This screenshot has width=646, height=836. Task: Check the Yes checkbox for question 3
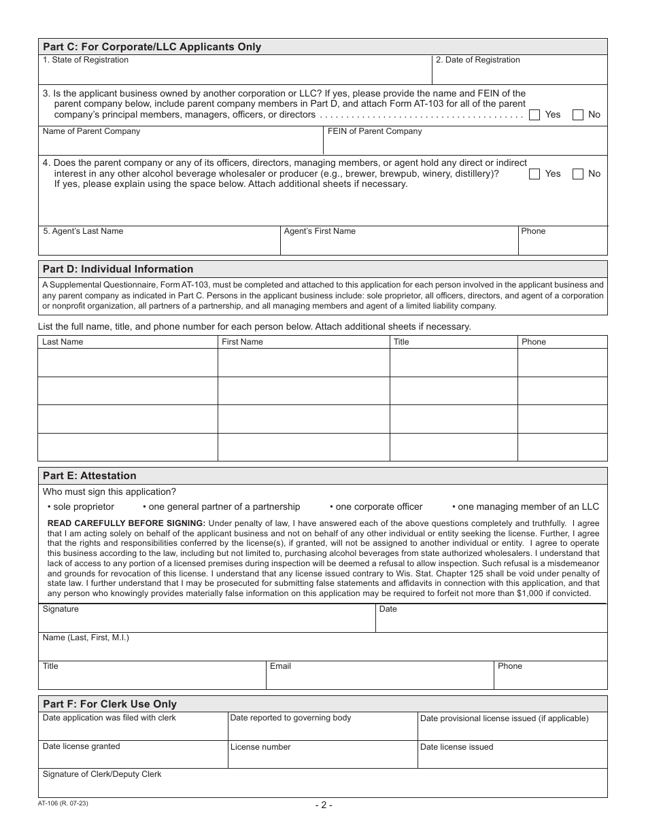tap(534, 115)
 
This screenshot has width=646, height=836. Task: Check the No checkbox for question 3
tap(578, 115)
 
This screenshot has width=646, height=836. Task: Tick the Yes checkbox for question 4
tap(534, 174)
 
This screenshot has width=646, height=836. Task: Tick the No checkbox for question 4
tap(578, 174)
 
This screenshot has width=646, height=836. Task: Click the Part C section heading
tap(152, 47)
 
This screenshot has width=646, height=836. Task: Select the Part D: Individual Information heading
tap(118, 269)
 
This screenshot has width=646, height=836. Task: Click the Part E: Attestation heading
tap(89, 476)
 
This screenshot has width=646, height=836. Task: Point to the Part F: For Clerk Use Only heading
tap(109, 704)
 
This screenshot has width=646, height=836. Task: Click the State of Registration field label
tap(86, 60)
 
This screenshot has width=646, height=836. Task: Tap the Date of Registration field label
tap(477, 60)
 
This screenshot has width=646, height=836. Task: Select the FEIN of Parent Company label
tap(375, 131)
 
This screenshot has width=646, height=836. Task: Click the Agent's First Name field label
tap(320, 231)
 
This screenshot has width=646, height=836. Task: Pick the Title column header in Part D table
tap(401, 342)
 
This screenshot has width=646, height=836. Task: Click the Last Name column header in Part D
tap(63, 342)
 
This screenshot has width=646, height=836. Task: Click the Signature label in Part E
tap(61, 609)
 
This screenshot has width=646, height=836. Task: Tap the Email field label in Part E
tap(280, 666)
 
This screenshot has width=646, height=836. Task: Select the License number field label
tap(260, 747)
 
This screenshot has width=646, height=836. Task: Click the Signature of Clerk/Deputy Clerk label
tap(102, 774)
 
